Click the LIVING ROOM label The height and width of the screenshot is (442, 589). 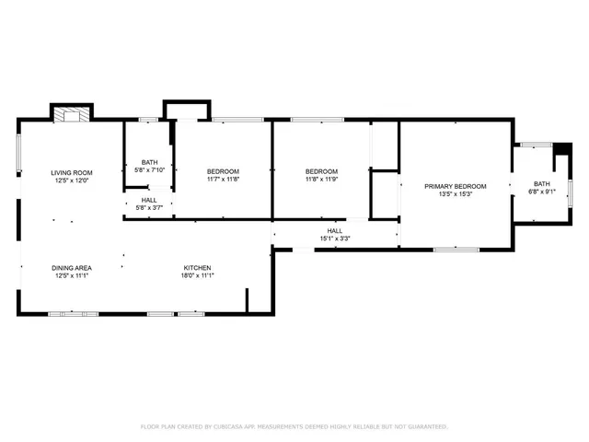72,172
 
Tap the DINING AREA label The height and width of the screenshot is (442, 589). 72,267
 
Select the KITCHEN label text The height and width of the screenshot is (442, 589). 198,267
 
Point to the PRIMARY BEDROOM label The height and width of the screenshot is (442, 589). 455,186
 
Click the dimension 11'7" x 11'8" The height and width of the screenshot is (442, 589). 223,180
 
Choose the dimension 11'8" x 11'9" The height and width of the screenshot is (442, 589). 321,180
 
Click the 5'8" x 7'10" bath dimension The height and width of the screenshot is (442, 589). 149,170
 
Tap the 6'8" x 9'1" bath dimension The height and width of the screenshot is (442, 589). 537,192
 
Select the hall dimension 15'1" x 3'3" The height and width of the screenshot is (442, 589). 335,239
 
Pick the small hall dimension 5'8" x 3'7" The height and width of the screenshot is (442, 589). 149,208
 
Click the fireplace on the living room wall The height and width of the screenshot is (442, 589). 71,115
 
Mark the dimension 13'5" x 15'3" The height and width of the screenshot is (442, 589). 455,194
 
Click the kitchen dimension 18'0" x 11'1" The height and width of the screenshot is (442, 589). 198,275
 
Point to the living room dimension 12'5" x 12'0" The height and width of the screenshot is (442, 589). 72,180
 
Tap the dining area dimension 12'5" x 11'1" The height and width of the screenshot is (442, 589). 72,275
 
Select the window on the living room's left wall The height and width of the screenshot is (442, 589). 19,154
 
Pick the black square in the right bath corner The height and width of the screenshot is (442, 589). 560,148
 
